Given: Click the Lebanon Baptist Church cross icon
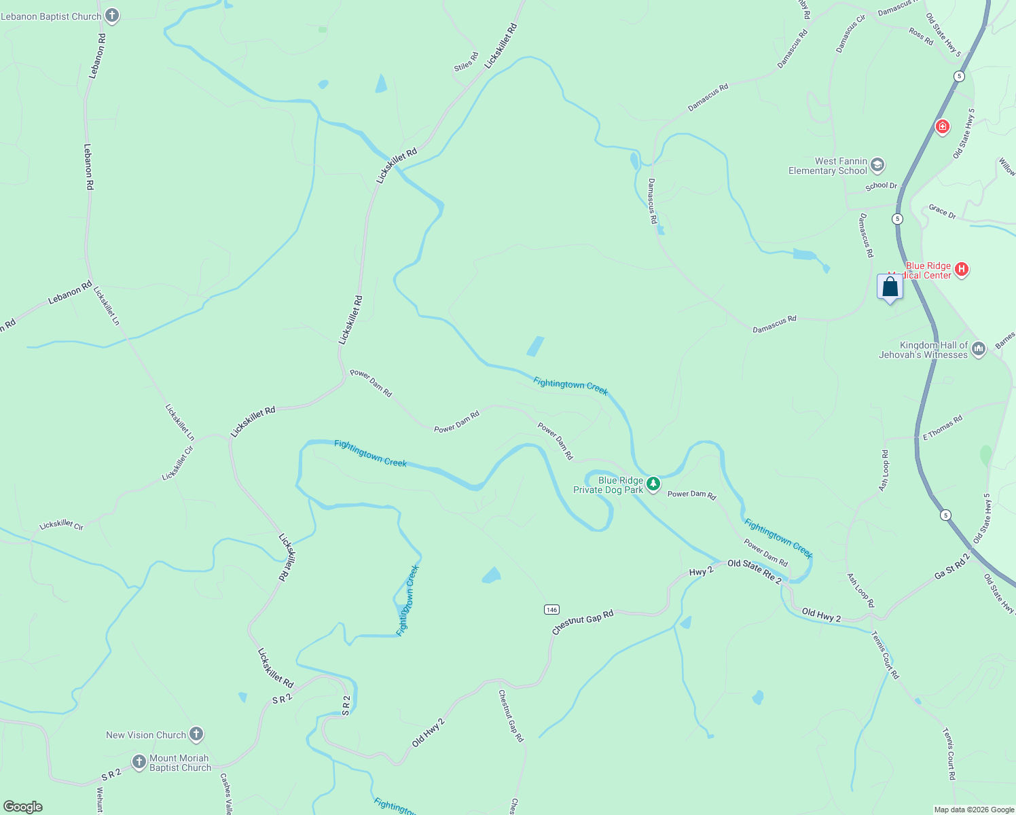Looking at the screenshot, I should (x=112, y=16).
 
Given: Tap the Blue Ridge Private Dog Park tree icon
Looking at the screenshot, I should (x=653, y=484).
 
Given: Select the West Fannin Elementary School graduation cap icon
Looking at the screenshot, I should (x=877, y=165).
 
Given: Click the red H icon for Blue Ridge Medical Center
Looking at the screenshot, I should (x=961, y=270).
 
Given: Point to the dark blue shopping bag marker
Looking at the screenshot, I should (x=890, y=287).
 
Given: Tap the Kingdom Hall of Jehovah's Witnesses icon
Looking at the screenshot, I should (x=978, y=349).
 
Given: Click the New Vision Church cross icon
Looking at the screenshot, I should (x=196, y=734).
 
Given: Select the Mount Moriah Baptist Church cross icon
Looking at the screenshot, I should (x=139, y=762).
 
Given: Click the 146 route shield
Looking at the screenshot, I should (x=551, y=609).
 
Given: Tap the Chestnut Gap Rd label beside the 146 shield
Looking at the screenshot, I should (x=583, y=622).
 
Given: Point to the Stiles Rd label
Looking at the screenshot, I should (x=466, y=62).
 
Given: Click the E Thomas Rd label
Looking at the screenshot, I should (x=943, y=428).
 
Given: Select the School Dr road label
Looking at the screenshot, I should (x=881, y=185).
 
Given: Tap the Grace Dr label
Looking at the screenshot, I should (x=942, y=211).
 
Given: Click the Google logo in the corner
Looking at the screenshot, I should (x=23, y=807).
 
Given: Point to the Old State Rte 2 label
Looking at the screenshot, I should (x=754, y=570).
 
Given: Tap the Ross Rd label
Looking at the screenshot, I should (x=921, y=36).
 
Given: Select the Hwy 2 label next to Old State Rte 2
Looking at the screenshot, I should (x=702, y=571).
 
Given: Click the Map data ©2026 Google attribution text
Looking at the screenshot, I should (x=974, y=810).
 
